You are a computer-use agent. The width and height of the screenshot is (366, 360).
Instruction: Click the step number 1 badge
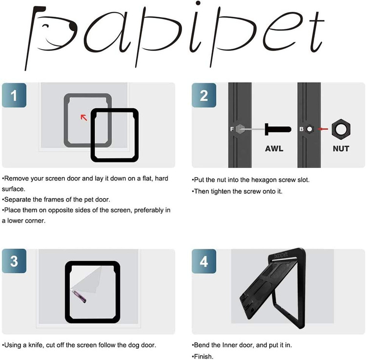tap(14, 95)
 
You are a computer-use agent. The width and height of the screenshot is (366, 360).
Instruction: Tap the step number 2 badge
tap(204, 95)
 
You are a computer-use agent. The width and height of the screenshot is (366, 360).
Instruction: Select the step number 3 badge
tap(14, 261)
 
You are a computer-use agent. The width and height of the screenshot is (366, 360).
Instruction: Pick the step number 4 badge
tap(204, 261)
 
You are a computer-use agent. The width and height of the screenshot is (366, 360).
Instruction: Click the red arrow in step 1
tap(84, 118)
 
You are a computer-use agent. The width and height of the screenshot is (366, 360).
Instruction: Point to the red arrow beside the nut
tap(323, 129)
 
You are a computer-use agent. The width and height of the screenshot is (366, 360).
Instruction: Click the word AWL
tap(274, 149)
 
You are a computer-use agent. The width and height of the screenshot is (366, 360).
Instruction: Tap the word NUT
tap(341, 149)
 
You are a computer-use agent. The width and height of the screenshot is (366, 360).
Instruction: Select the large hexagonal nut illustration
tap(341, 129)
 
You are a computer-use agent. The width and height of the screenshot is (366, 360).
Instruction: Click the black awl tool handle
tap(278, 129)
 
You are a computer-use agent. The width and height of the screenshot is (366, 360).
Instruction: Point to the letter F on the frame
tap(232, 129)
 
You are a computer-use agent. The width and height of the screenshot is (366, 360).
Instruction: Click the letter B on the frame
tap(302, 129)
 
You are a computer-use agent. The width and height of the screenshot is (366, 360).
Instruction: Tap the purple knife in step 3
tap(80, 296)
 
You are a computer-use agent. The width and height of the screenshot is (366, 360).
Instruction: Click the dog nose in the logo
tap(73, 27)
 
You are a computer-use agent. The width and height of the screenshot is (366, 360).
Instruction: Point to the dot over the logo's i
tap(198, 3)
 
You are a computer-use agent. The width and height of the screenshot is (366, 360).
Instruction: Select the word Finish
tap(203, 357)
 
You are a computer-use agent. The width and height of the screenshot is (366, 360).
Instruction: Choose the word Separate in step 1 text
tap(17, 200)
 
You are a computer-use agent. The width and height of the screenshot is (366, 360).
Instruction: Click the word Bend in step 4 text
tap(202, 345)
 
